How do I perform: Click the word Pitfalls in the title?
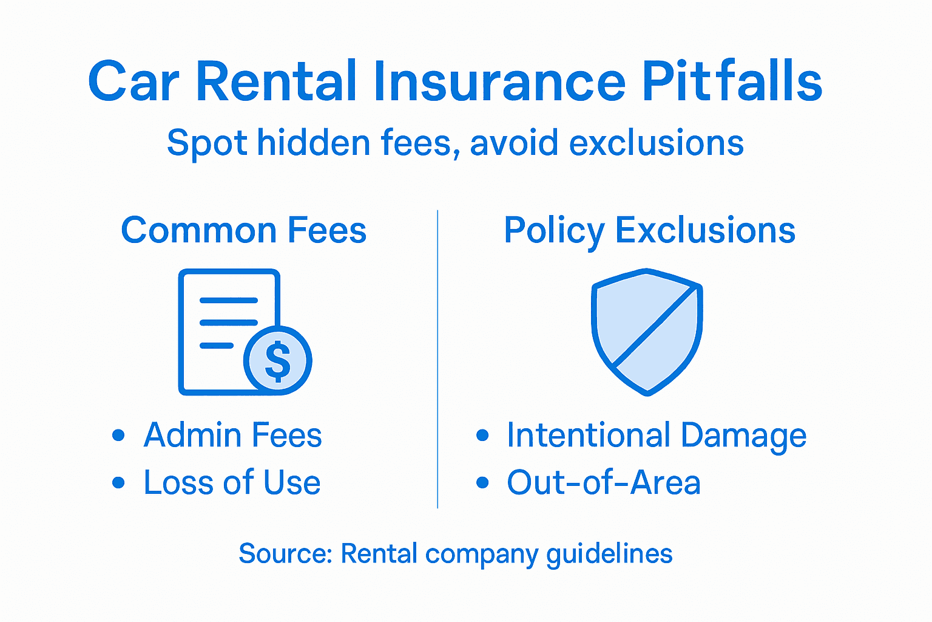(x=732, y=81)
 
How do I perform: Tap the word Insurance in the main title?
(x=499, y=81)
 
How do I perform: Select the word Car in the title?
(x=133, y=83)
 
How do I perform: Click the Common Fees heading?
(x=244, y=231)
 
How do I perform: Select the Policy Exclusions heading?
(x=649, y=231)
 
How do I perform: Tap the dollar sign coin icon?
(x=278, y=361)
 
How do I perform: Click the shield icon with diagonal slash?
(x=647, y=331)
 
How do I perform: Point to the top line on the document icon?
(x=229, y=301)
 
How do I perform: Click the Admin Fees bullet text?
(x=232, y=436)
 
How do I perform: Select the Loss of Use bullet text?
(x=232, y=483)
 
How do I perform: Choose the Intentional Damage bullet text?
(x=657, y=436)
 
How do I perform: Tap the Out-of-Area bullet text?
(x=604, y=483)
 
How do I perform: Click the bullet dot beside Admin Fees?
(x=118, y=436)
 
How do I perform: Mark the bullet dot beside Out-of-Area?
(x=482, y=483)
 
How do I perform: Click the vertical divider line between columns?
(x=437, y=358)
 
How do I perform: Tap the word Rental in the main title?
(x=276, y=81)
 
